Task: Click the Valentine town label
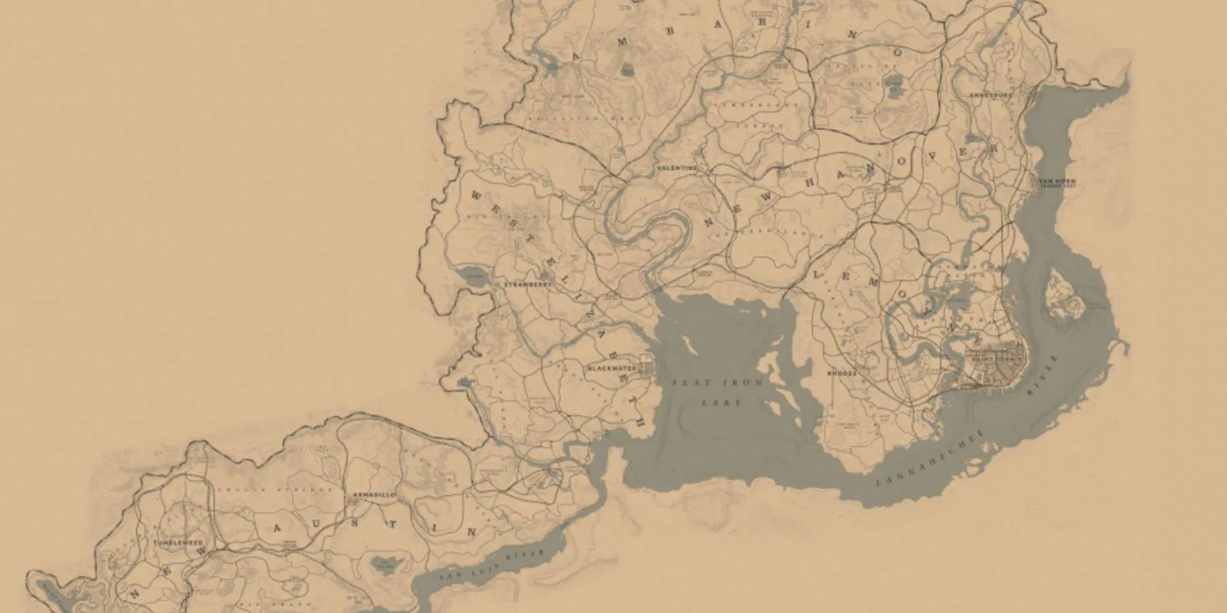tap(678, 168)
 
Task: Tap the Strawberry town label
tap(527, 284)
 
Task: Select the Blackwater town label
tap(611, 368)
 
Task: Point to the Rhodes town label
tap(842, 373)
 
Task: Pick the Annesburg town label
tap(991, 96)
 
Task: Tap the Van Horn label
tap(1056, 182)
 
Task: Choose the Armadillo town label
tap(374, 495)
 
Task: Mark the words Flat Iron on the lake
tap(718, 383)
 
